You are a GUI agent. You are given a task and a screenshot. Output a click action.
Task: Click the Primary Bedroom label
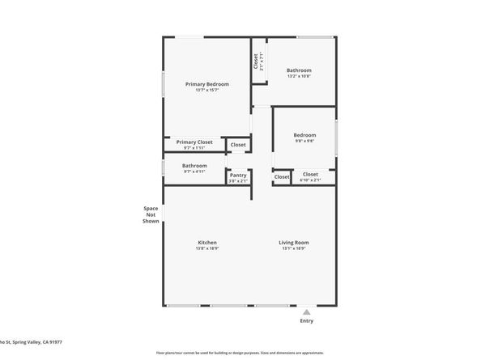206,84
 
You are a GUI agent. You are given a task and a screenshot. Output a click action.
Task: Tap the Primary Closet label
194,142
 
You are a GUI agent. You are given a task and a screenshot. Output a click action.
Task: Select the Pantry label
238,175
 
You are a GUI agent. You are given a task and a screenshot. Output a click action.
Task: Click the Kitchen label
206,243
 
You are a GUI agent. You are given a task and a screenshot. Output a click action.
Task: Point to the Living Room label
294,243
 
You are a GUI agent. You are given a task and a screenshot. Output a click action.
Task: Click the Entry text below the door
306,321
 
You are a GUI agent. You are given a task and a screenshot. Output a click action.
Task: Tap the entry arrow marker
306,311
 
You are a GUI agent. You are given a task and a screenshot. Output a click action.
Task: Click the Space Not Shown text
151,214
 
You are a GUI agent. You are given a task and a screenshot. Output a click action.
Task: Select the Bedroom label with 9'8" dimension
304,135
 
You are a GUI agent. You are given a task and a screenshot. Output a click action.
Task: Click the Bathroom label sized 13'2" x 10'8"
299,70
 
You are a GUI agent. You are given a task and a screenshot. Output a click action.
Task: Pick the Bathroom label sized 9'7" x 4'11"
194,166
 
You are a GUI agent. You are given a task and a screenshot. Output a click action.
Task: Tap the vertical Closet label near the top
256,61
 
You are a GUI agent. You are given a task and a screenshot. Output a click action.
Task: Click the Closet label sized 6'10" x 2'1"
310,174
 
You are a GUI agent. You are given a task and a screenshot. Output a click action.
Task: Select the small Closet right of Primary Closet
238,145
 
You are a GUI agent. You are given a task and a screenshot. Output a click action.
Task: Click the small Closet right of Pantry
282,176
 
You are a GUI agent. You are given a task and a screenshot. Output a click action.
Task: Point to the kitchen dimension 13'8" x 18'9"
206,249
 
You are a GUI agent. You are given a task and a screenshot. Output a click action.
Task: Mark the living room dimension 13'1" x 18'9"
294,249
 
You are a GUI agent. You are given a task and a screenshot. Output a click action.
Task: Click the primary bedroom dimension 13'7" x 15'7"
206,90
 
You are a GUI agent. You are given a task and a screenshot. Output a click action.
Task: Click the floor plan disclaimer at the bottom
240,354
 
